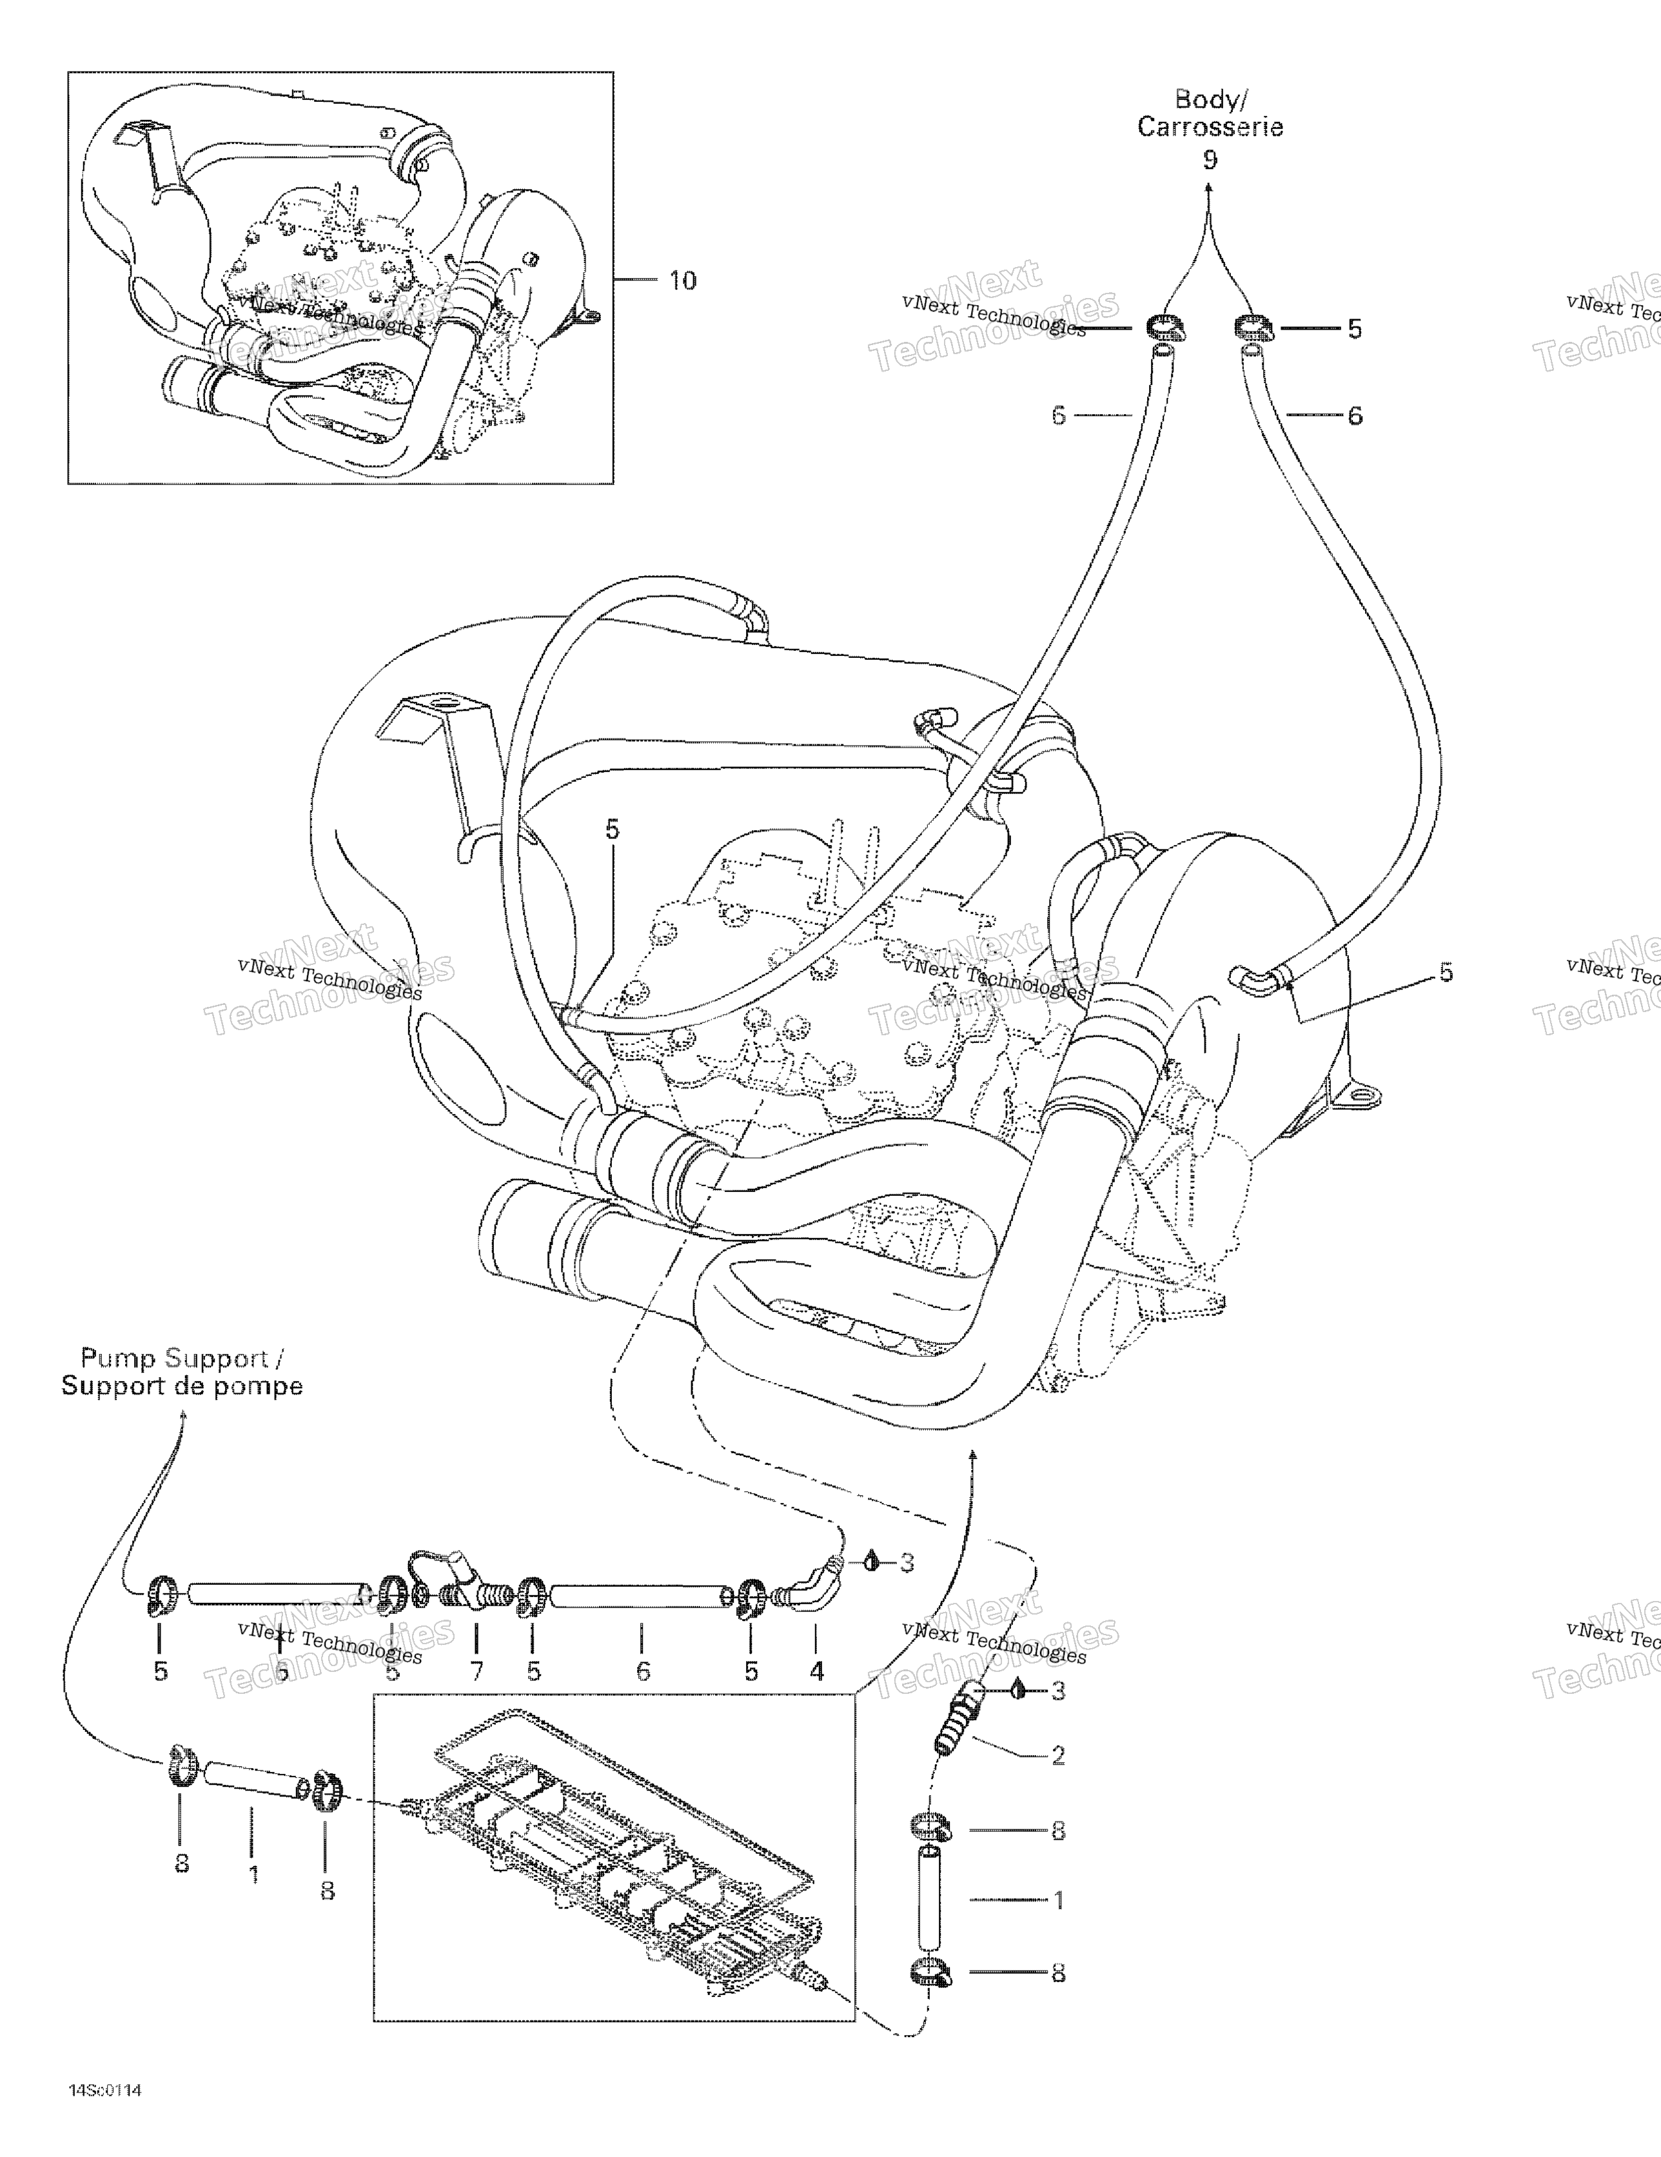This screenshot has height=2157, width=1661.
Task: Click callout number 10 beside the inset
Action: pos(682,281)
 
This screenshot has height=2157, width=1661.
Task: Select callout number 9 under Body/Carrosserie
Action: pos(1210,160)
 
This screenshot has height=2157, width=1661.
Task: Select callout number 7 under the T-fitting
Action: pos(477,1671)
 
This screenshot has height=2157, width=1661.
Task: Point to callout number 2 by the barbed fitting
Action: pos(1057,1755)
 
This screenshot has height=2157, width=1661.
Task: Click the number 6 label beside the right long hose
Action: pos(1355,416)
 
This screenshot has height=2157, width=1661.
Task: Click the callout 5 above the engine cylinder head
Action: pos(613,830)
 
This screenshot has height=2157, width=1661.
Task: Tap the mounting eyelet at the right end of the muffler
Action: pos(1362,1094)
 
